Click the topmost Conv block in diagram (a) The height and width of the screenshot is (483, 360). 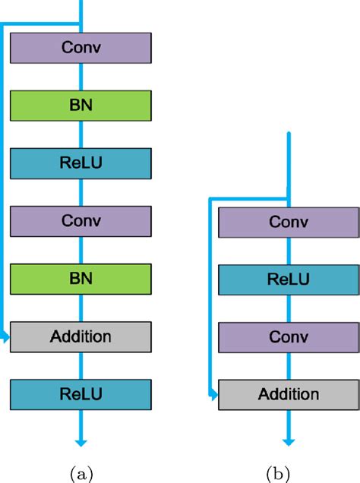click(81, 49)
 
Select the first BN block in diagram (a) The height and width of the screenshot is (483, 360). click(81, 105)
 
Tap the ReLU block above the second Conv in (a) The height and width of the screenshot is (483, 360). click(81, 163)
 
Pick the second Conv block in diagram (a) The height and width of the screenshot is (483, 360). click(81, 220)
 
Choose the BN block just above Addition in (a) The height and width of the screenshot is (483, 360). click(81, 278)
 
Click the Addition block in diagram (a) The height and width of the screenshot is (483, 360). click(81, 335)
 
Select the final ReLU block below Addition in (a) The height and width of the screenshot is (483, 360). click(81, 393)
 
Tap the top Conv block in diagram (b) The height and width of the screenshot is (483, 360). click(289, 222)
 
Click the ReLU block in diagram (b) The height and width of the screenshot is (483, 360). click(289, 279)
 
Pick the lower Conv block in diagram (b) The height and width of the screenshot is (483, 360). click(289, 336)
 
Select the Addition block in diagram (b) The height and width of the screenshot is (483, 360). click(289, 394)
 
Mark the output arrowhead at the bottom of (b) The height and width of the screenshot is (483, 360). click(289, 442)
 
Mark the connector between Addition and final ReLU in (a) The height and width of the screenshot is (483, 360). click(81, 364)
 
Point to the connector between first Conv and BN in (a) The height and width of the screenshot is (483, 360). click(81, 77)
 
